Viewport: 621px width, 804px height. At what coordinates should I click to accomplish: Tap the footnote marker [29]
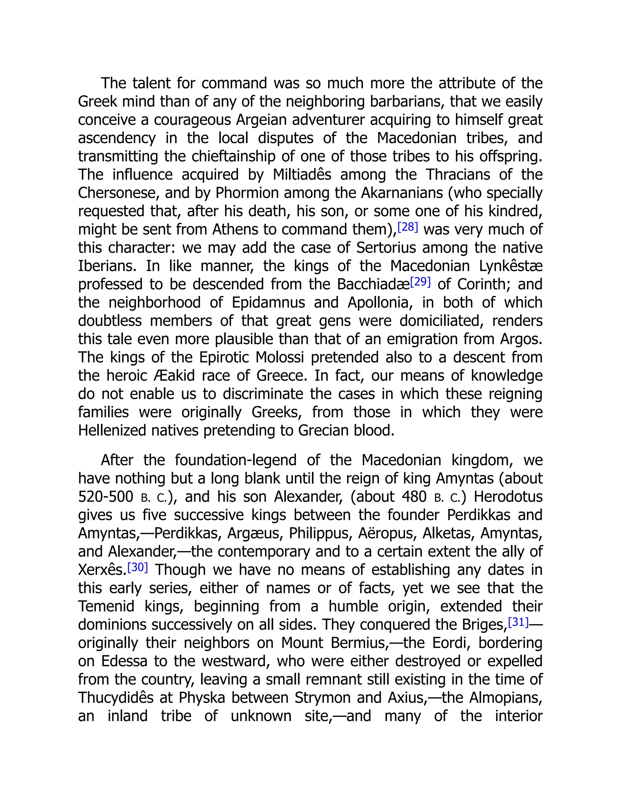coord(420,282)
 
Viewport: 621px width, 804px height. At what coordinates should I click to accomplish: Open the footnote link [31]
coord(518,622)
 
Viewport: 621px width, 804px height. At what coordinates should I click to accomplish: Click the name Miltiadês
coord(302,174)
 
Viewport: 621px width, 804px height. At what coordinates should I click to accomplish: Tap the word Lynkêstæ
coord(511,266)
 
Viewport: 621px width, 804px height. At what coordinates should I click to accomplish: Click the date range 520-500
coord(106,497)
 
